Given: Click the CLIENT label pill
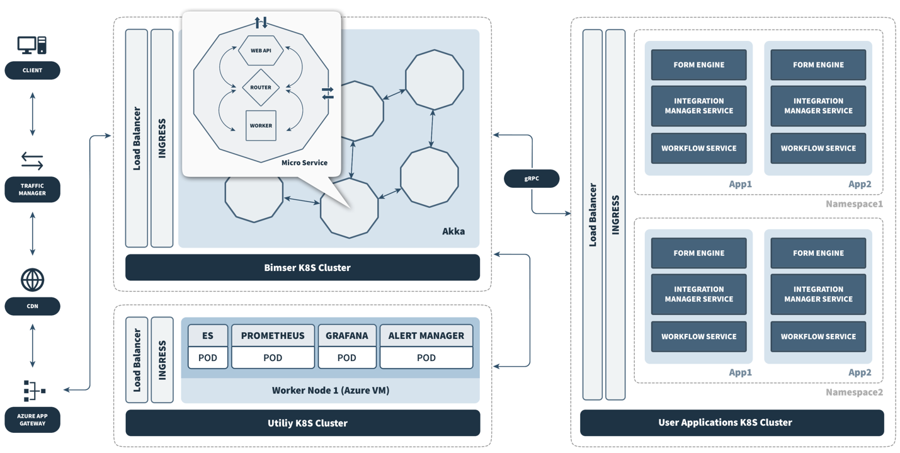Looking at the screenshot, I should tap(32, 71).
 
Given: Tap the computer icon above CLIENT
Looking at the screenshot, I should tap(32, 45).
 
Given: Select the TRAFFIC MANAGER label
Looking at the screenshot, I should tap(32, 190).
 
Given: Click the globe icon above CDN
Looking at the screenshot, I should tap(32, 280).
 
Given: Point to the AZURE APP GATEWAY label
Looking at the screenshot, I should tap(32, 420).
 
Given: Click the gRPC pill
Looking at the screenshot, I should tap(532, 179).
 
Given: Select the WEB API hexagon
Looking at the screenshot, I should tap(261, 50).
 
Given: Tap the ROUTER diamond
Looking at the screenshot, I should tap(261, 88).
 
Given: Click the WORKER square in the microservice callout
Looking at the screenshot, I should tap(261, 125).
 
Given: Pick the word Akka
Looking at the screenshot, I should tap(453, 231).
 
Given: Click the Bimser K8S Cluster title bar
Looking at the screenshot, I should tap(302, 268).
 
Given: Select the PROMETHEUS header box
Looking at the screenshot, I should tap(273, 336).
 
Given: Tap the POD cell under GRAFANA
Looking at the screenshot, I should tap(346, 358).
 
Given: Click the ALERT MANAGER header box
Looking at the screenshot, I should tap(426, 336).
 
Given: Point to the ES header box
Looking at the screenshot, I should tap(208, 336).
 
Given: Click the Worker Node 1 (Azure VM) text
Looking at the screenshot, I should tap(331, 391).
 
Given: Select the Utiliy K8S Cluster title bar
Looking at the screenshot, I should tap(302, 423).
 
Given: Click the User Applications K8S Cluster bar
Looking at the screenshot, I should tap(732, 423).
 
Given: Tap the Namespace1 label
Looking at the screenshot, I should tap(854, 204).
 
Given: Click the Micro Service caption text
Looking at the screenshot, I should tap(304, 163).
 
